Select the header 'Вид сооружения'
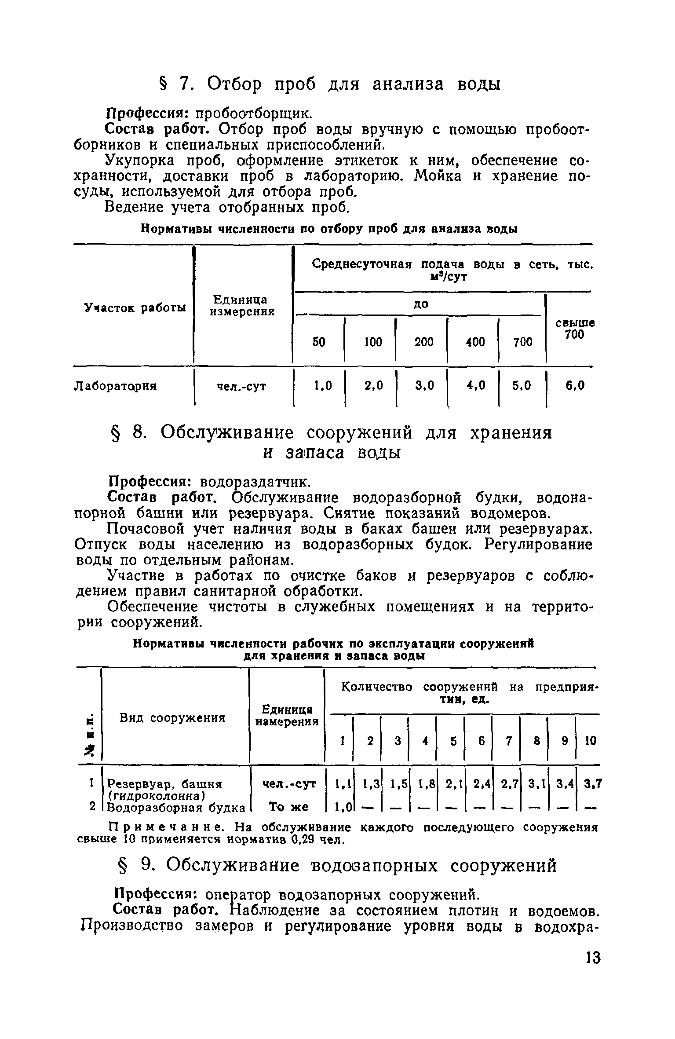click(x=172, y=718)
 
